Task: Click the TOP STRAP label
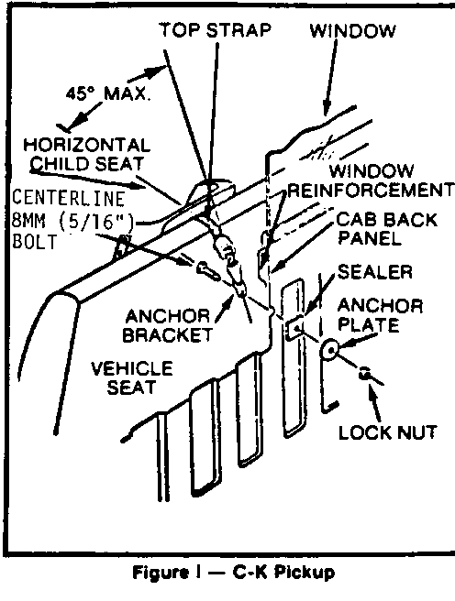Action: pos(216,30)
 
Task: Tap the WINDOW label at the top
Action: pos(352,31)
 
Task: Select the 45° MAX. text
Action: pos(108,93)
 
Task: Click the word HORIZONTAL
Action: pos(87,146)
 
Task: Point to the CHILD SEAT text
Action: pos(87,164)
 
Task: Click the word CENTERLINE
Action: pos(68,198)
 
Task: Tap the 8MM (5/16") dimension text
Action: pos(72,221)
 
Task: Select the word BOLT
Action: pos(35,242)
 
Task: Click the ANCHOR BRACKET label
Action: pos(167,325)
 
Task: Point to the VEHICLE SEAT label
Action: pos(132,377)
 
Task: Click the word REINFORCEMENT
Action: pos(371,191)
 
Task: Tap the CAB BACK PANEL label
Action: pos(387,229)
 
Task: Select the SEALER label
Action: pos(375,272)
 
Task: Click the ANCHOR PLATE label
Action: pos(380,315)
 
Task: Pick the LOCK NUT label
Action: pos(387,432)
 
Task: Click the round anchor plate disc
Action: pos(329,350)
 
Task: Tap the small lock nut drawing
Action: pos(364,373)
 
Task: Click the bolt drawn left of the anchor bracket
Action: pos(208,269)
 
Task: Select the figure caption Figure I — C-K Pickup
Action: pos(234,573)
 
